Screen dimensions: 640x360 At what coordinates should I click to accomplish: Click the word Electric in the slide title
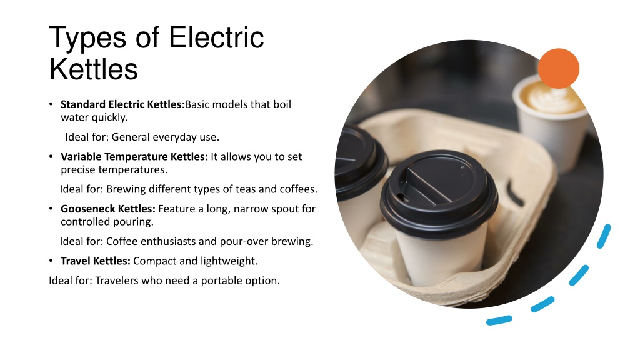click(216, 37)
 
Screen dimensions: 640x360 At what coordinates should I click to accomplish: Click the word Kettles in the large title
click(94, 69)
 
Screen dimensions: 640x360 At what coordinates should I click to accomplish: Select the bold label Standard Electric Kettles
click(121, 104)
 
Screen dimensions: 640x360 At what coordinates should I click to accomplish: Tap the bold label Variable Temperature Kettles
click(134, 157)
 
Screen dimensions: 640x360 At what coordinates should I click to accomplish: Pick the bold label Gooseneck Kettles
click(108, 209)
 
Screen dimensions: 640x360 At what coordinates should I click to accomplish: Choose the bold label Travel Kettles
click(96, 261)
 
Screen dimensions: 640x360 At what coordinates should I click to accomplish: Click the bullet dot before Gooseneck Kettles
click(51, 209)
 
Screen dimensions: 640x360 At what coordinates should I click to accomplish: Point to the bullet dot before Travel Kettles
click(51, 261)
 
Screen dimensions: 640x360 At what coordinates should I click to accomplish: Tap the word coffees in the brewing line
click(298, 189)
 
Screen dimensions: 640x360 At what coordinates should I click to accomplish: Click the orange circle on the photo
click(558, 69)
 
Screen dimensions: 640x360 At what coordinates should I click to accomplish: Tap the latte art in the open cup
click(551, 96)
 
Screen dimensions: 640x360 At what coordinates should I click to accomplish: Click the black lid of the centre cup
click(439, 192)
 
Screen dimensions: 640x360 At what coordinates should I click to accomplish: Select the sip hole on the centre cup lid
click(403, 198)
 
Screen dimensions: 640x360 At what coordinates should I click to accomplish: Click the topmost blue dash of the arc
click(604, 236)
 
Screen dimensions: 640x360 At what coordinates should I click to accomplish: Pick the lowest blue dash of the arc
click(499, 321)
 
